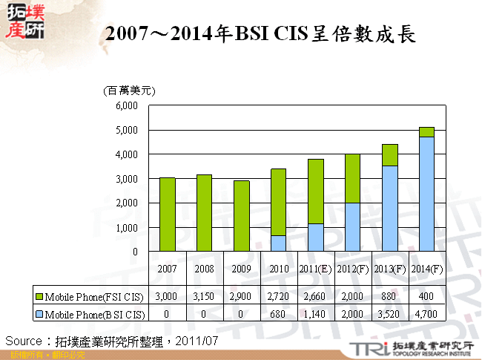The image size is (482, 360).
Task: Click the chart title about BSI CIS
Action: (x=260, y=34)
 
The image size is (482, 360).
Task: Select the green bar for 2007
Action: (x=167, y=215)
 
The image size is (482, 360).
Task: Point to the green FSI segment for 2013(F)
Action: (x=390, y=155)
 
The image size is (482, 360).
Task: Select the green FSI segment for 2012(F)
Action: (x=352, y=179)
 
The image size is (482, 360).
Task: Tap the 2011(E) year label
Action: (x=315, y=268)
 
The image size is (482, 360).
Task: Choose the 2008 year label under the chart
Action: (x=204, y=268)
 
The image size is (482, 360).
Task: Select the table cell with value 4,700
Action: (x=426, y=313)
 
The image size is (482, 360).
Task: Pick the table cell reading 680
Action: (x=278, y=313)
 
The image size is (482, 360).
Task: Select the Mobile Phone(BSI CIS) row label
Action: (x=89, y=313)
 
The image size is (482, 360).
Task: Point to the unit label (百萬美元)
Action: (x=128, y=90)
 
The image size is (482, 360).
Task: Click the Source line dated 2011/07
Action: (x=111, y=341)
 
